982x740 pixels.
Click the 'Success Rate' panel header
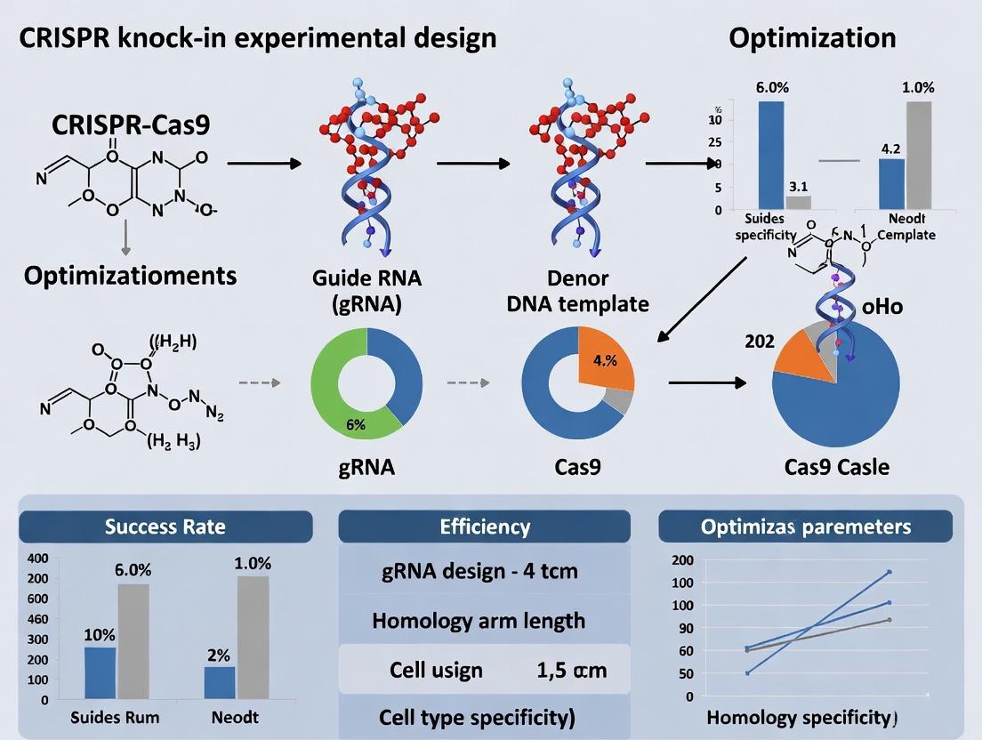coord(165,526)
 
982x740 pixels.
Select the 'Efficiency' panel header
coord(485,526)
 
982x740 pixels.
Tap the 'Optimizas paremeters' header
coord(805,526)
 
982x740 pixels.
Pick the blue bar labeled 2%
coord(220,682)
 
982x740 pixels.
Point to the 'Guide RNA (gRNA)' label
coord(366,290)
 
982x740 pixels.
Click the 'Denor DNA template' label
coord(577,290)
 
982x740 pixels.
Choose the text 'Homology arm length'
coord(479,620)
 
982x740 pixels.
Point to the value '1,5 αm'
coord(572,669)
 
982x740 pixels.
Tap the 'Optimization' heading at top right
coord(812,38)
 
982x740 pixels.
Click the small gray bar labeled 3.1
coord(798,202)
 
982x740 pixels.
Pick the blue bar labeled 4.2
coord(891,184)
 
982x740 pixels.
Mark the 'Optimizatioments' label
coord(130,275)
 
